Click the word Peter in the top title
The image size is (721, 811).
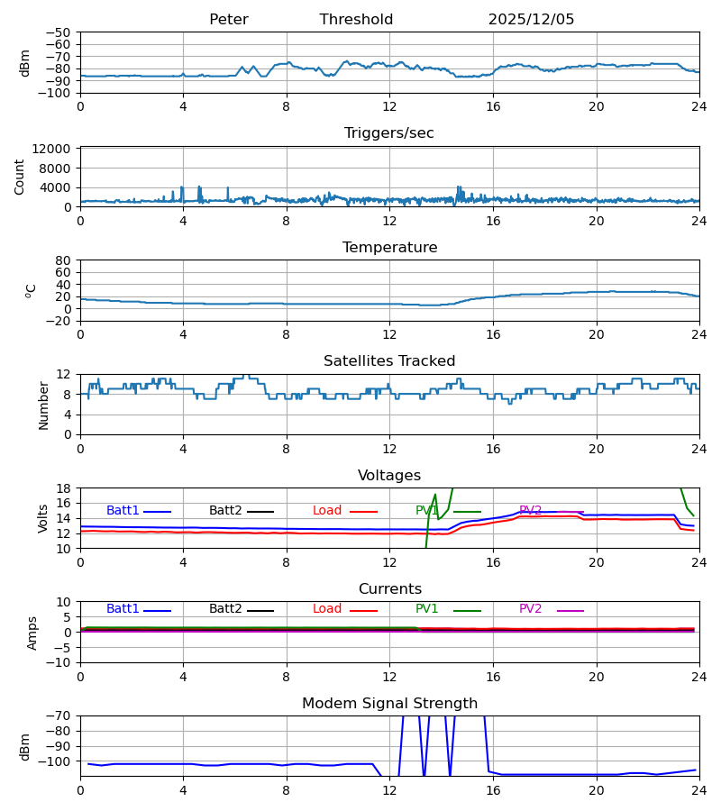click(x=228, y=20)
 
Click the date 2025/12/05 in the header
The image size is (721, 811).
click(x=531, y=20)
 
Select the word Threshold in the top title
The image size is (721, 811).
click(x=356, y=20)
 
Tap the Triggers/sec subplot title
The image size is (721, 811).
click(x=389, y=133)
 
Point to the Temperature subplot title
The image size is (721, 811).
click(x=389, y=248)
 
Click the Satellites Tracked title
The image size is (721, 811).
click(x=389, y=361)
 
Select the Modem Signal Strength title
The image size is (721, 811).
click(x=389, y=704)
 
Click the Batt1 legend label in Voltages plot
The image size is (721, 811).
click(x=123, y=511)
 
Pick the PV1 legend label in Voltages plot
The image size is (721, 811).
click(x=427, y=511)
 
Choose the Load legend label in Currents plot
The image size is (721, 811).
click(x=327, y=609)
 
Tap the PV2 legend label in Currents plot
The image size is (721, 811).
click(x=531, y=609)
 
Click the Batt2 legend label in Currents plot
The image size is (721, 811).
click(x=225, y=609)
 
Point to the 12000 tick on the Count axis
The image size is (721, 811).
click(x=55, y=149)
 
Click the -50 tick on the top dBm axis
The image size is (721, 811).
click(x=59, y=32)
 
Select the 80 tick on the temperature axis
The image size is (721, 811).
click(x=64, y=260)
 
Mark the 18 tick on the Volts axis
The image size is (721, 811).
click(x=64, y=488)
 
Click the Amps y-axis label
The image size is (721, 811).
click(x=32, y=633)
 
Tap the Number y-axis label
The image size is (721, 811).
click(x=44, y=405)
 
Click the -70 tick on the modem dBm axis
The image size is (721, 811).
click(x=59, y=716)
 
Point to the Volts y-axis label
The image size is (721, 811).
click(x=44, y=518)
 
